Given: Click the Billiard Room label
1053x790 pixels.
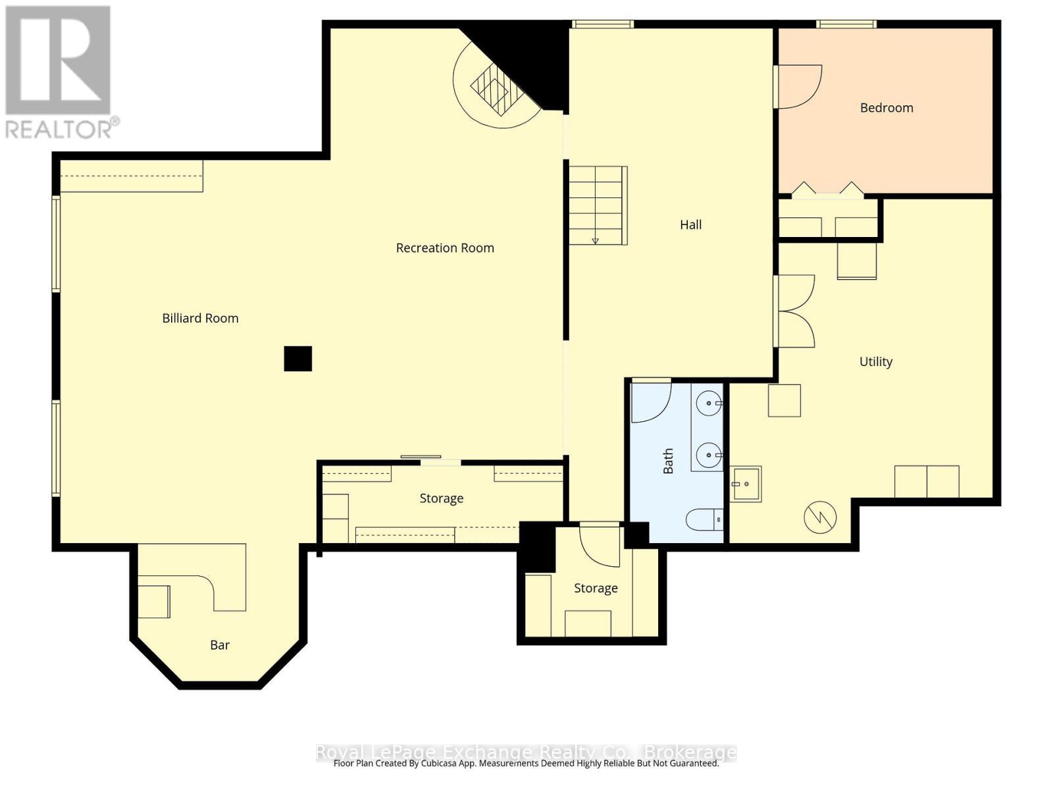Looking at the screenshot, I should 200,318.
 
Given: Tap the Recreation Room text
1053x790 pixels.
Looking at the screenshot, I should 445,248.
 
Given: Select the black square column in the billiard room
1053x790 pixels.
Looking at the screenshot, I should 297,359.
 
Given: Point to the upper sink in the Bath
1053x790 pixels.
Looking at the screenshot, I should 709,402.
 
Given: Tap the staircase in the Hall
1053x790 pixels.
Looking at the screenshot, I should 596,205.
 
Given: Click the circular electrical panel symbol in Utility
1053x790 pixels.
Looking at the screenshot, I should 820,517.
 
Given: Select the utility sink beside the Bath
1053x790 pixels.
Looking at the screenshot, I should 746,484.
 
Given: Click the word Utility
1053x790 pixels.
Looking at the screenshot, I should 875,361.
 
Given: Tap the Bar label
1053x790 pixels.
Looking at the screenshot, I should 220,645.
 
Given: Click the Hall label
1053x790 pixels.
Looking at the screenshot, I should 690,224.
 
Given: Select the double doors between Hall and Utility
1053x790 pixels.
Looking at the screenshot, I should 795,311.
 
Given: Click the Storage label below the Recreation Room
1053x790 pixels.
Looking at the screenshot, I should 441,498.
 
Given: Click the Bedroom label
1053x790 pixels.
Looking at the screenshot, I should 886,107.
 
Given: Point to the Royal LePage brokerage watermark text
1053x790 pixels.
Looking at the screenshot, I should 526,752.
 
